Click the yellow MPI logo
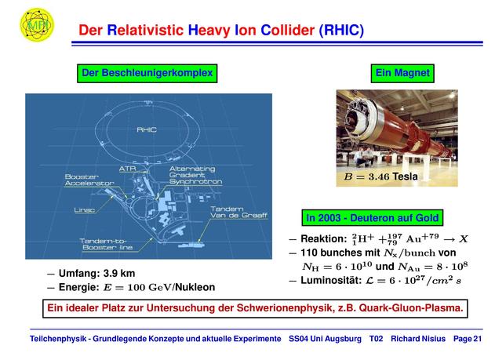(x=37, y=25)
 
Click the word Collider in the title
(x=288, y=31)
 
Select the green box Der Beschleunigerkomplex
(x=147, y=73)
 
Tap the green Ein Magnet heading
(x=402, y=73)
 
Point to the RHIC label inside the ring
(x=147, y=129)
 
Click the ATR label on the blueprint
(x=127, y=169)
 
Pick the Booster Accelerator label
(x=89, y=180)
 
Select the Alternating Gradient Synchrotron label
(x=195, y=175)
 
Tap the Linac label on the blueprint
(x=84, y=210)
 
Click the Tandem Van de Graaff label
(x=239, y=212)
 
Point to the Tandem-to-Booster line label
(x=106, y=244)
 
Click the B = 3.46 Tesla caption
(x=381, y=176)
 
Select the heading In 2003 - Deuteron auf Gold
(x=373, y=218)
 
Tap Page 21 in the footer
(x=468, y=339)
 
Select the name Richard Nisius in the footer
(x=418, y=339)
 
